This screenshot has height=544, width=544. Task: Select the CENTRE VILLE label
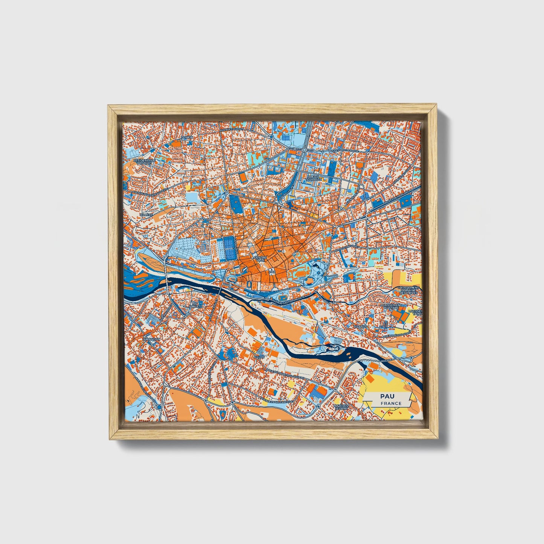[x=261, y=259]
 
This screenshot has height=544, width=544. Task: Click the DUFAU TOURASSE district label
[x=314, y=178]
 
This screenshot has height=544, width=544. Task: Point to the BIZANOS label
[x=360, y=326]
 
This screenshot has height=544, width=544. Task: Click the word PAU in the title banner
[x=385, y=396]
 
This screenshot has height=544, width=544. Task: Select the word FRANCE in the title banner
[x=390, y=403]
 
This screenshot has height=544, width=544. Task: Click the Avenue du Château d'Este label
[x=147, y=192]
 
